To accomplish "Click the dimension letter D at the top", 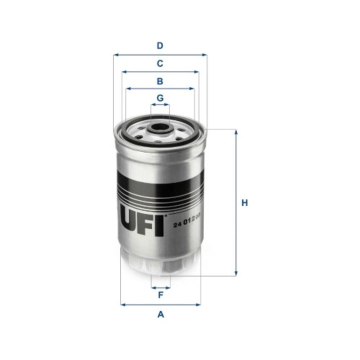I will click(x=160, y=45).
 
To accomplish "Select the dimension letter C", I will click(x=160, y=63).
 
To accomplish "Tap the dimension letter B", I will click(x=160, y=81).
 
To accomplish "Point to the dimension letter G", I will click(x=160, y=97).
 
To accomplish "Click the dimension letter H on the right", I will click(x=244, y=203).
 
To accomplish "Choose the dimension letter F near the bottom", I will click(x=160, y=295).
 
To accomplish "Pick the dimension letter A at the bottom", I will click(x=160, y=314).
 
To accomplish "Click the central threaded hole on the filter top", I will click(x=160, y=126).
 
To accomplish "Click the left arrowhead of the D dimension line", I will click(x=115, y=54).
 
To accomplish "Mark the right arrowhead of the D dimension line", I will click(x=204, y=54).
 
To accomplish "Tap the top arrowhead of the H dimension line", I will click(x=235, y=131).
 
